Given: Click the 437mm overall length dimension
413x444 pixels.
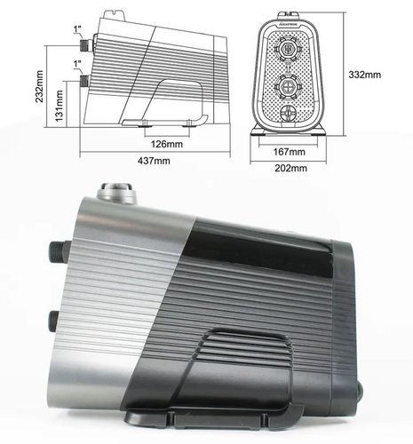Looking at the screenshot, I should pos(153,161).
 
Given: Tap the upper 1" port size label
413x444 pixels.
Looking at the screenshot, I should pos(79,28).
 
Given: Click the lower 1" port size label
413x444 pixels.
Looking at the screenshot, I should pos(79,64).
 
